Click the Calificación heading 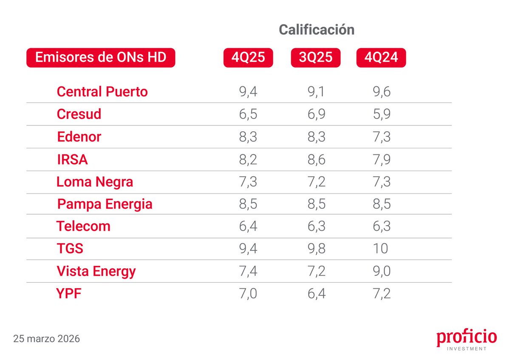click(316, 30)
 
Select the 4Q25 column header click(248, 57)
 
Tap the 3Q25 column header click(315, 57)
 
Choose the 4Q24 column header click(381, 57)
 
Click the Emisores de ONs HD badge click(101, 57)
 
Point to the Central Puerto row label click(102, 91)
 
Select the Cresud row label click(79, 114)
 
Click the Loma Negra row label click(95, 182)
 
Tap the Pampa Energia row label click(105, 204)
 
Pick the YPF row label click(68, 294)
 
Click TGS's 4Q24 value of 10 click(380, 249)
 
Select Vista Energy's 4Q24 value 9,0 click(380, 271)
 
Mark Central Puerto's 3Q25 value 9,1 click(315, 91)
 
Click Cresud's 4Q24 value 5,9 click(380, 114)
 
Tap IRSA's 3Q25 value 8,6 click(315, 159)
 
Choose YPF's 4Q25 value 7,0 click(248, 294)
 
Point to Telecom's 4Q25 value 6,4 click(248, 226)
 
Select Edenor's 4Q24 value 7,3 click(380, 137)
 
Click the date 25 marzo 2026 click(46, 339)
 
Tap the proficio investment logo click(466, 340)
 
